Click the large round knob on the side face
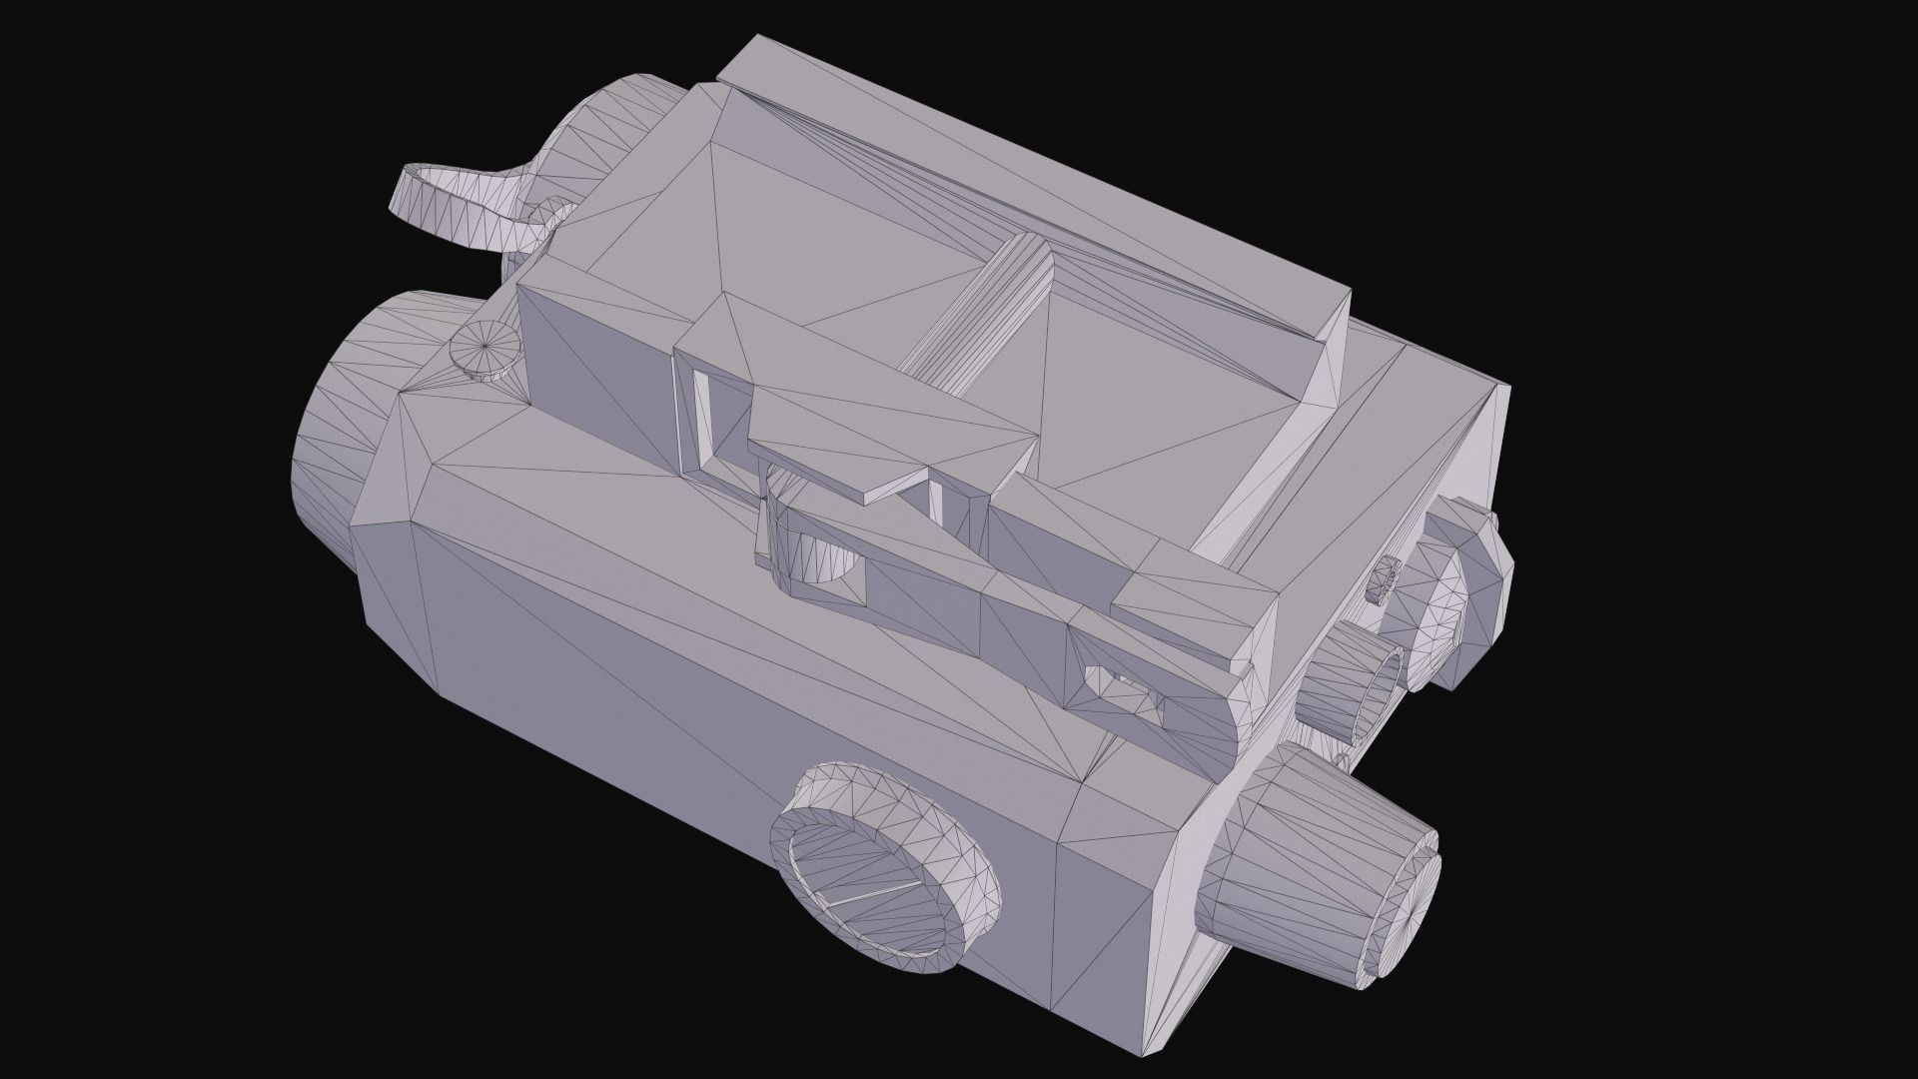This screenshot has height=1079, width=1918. [x=884, y=869]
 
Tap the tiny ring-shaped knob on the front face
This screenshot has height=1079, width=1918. [x=1386, y=576]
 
